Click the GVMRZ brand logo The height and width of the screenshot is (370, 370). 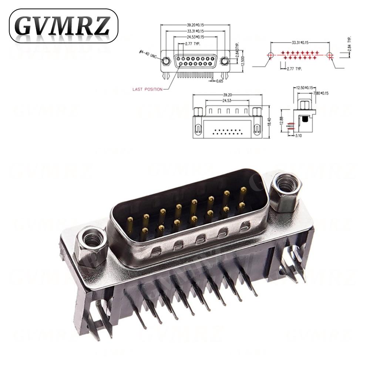(x=63, y=26)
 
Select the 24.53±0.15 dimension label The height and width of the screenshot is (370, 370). (x=195, y=37)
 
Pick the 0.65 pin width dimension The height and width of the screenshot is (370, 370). (x=219, y=81)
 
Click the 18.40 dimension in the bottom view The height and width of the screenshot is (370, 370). (x=269, y=121)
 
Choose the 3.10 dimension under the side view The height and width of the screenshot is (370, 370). (x=298, y=136)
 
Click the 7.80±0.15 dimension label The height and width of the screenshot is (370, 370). (x=320, y=93)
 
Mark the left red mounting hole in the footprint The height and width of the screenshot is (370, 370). (x=270, y=55)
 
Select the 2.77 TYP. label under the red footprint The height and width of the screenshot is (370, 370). (x=295, y=69)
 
